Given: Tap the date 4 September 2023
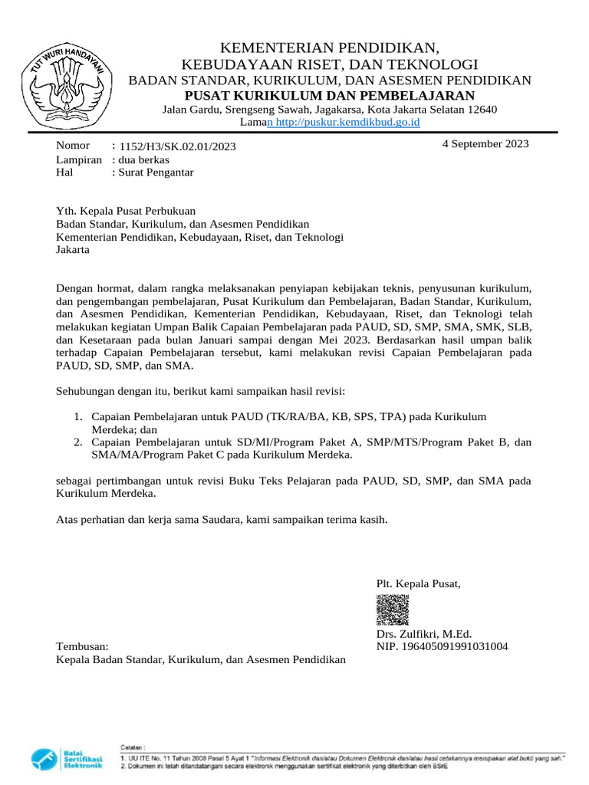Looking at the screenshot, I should (485, 143).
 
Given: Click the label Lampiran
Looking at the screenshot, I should (79, 159).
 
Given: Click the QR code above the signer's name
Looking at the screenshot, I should (392, 610).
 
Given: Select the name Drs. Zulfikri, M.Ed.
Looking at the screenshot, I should (423, 634).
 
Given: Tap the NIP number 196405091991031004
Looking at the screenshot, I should (442, 646).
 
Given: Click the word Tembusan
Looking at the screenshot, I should (83, 646).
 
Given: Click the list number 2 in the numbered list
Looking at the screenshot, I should (78, 442).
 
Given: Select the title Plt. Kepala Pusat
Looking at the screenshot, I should (419, 584).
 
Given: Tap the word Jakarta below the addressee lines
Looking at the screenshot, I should (74, 250).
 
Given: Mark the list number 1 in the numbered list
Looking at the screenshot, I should (78, 416).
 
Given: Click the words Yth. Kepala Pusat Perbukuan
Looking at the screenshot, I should (127, 211).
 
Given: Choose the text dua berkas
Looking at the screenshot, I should (143, 159).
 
